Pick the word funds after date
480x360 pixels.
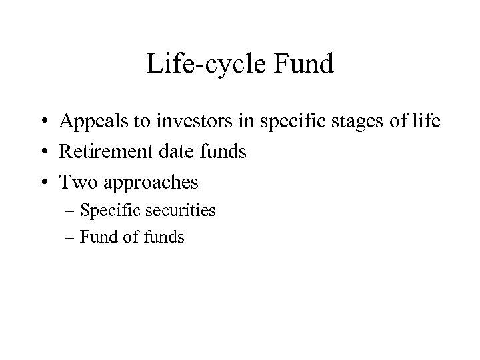(223, 152)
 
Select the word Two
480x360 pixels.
(76, 182)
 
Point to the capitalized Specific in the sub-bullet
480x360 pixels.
(109, 211)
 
